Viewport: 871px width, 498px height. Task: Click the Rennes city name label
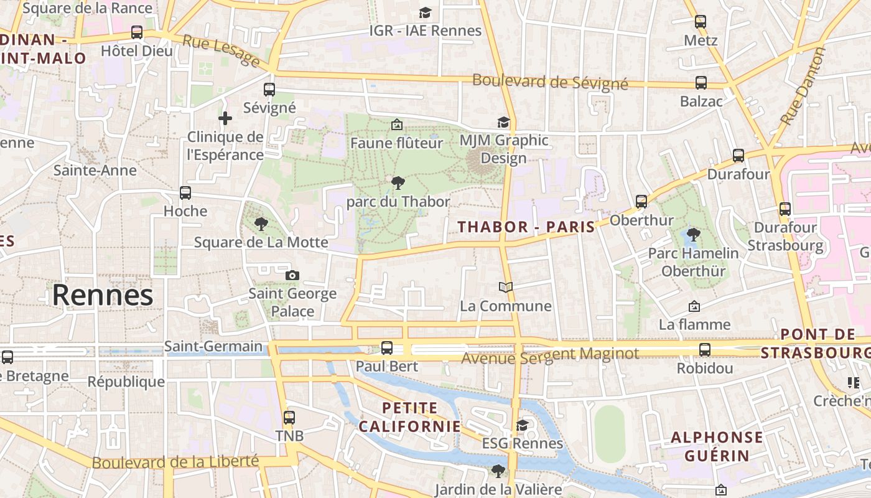click(103, 295)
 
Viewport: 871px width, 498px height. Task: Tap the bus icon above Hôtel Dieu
click(137, 32)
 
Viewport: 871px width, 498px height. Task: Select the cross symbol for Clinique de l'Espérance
click(225, 118)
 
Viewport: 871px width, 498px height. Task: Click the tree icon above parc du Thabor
click(398, 182)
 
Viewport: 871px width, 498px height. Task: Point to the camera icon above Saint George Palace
click(292, 275)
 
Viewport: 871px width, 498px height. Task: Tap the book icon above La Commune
click(506, 287)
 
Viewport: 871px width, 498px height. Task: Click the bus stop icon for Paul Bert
click(387, 348)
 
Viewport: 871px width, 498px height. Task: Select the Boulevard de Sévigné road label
click(550, 82)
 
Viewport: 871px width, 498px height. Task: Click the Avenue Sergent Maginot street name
click(550, 355)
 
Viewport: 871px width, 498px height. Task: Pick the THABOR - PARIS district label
click(527, 227)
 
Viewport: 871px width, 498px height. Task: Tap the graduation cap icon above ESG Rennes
click(522, 425)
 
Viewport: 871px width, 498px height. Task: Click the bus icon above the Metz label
click(701, 22)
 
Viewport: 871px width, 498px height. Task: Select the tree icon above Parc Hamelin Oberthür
click(693, 235)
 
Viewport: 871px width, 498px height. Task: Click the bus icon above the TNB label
click(289, 417)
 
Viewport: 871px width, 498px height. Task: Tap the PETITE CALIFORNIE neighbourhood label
click(409, 417)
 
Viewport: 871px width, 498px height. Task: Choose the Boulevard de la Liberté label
click(175, 462)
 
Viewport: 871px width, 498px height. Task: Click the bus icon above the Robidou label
click(705, 350)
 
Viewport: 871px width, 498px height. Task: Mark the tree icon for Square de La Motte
click(261, 223)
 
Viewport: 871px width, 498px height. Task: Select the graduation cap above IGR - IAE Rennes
click(425, 12)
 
